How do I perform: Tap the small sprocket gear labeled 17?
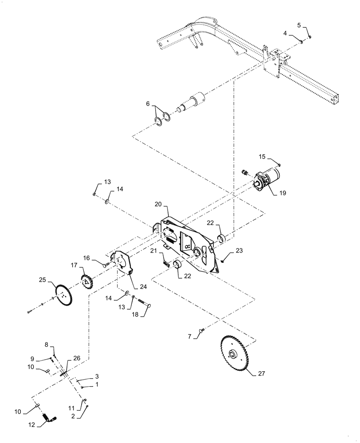point(86,281)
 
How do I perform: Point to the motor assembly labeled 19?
point(267,180)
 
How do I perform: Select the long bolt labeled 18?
point(143,303)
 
